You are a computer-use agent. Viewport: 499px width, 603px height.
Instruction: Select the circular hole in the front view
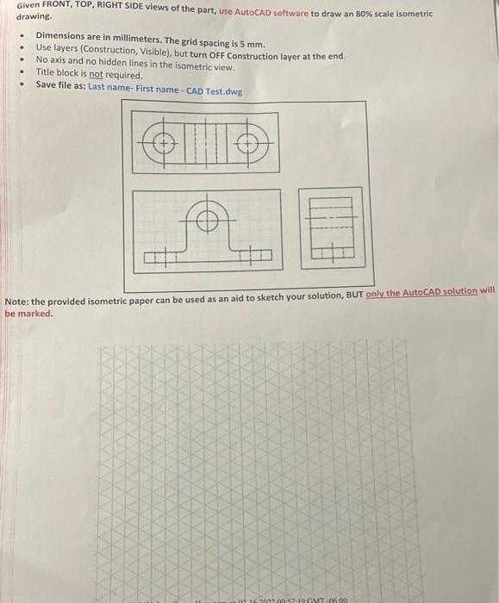(205, 221)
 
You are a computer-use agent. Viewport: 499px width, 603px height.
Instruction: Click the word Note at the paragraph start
(17, 301)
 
